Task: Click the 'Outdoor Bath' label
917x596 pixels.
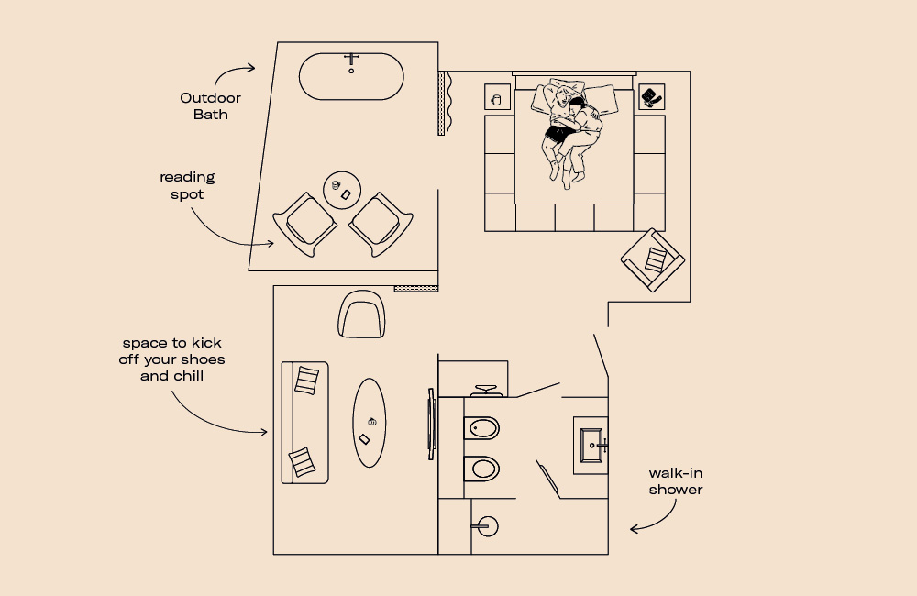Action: [210, 106]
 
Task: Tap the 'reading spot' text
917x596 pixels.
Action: [187, 185]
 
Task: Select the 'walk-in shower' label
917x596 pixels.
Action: [676, 481]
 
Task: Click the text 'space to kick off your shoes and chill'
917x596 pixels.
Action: [171, 359]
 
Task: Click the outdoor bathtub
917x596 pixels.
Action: [351, 77]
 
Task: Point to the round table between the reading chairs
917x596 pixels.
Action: [345, 190]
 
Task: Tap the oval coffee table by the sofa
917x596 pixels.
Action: [370, 422]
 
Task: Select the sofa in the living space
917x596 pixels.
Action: [304, 422]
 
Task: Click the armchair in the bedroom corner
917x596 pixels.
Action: [652, 259]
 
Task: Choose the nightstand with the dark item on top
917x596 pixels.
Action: [651, 96]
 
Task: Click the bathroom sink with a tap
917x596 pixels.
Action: [591, 446]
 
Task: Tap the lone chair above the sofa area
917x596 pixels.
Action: [362, 314]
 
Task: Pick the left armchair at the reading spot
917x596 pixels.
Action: [304, 223]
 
